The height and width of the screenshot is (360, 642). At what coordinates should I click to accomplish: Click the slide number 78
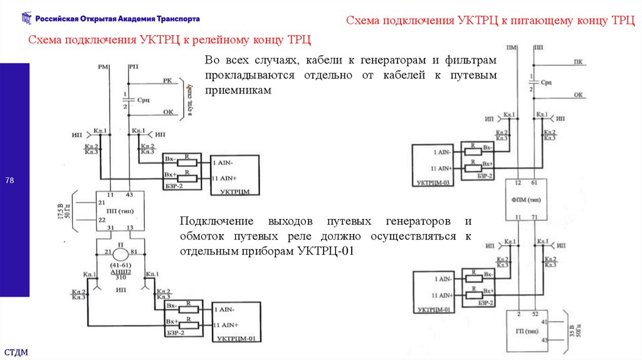pos(10,181)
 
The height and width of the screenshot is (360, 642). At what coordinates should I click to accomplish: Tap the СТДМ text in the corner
pos(16,351)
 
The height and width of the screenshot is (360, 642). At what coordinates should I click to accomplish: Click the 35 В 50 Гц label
pos(572,331)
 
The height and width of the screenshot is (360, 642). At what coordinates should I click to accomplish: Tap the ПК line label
pos(577,62)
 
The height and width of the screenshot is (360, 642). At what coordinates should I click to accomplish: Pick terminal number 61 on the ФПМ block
pos(534,183)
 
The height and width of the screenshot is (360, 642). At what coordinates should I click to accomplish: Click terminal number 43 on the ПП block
pos(129,195)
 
